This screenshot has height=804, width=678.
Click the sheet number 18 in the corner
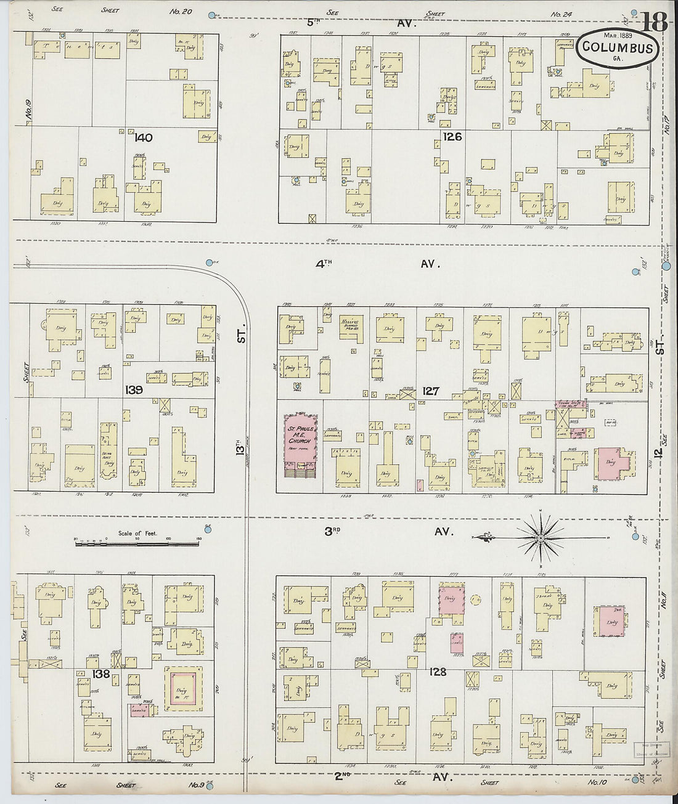655,22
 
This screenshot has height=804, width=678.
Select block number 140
143,138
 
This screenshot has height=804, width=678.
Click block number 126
452,137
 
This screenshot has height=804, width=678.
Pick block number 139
134,389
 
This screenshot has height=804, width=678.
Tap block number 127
431,391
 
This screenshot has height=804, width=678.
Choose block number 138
101,674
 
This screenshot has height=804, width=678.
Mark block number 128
438,672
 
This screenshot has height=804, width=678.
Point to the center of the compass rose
540,538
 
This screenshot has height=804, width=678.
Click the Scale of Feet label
137,534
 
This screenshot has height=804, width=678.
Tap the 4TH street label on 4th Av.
324,263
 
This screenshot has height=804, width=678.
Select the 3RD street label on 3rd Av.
332,530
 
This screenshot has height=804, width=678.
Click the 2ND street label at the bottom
343,777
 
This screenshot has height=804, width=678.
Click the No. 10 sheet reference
597,782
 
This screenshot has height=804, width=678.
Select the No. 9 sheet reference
197,785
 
